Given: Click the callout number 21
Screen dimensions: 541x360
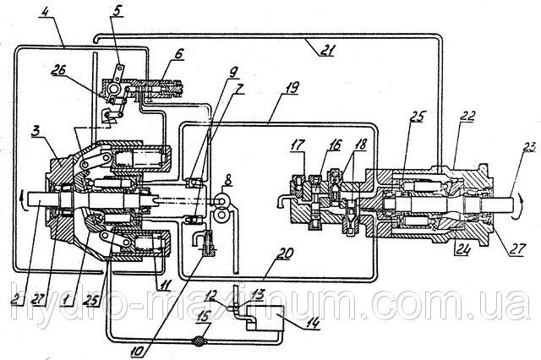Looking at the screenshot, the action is click(325, 51).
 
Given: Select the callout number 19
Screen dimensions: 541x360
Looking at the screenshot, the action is click(291, 87).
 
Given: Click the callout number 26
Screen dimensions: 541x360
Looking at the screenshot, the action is click(58, 70).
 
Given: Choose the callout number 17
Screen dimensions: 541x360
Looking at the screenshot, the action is click(298, 145).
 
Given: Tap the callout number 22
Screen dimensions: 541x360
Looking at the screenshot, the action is click(467, 116).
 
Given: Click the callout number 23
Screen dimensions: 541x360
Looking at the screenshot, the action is click(527, 147).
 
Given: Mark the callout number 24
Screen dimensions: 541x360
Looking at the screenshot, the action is click(462, 249).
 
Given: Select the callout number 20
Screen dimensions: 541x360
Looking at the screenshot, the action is click(286, 254).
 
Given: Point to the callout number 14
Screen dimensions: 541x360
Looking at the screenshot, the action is click(312, 324).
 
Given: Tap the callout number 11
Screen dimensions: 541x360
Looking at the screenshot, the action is click(163, 285).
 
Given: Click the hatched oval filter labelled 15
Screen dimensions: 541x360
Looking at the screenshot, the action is click(199, 341).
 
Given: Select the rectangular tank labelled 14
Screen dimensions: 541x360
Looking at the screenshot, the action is click(265, 319).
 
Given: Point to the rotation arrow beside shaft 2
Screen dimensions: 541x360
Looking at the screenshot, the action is click(23, 198).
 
